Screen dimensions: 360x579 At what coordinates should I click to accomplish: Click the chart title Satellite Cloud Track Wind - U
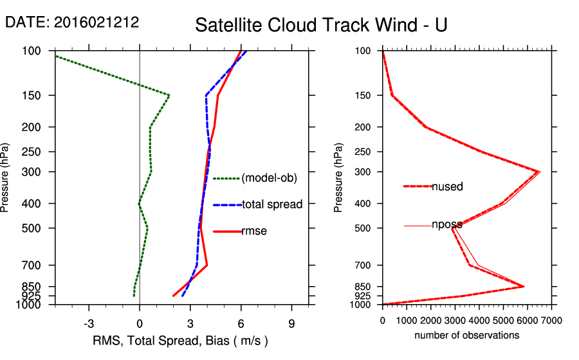pyautogui.click(x=321, y=25)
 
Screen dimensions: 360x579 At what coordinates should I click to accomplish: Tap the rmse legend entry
pyautogui.click(x=253, y=231)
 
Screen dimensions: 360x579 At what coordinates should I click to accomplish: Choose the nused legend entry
pyautogui.click(x=447, y=186)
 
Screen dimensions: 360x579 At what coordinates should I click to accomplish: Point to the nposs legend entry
pyautogui.click(x=446, y=225)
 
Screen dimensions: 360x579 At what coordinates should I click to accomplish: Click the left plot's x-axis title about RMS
pyautogui.click(x=181, y=340)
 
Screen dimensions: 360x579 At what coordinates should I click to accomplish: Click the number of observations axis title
pyautogui.click(x=467, y=335)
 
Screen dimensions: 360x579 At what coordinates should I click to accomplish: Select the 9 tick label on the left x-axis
pyautogui.click(x=291, y=323)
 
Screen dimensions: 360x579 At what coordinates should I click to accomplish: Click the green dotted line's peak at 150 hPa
pyautogui.click(x=169, y=95)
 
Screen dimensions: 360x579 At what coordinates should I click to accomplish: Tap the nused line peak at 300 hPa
pyautogui.click(x=539, y=172)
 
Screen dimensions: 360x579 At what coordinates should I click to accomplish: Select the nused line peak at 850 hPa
pyautogui.click(x=524, y=287)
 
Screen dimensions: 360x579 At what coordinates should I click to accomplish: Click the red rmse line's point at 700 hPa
pyautogui.click(x=207, y=265)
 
